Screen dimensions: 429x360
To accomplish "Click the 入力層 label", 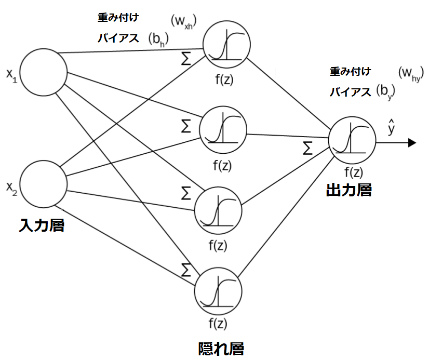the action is [42, 225].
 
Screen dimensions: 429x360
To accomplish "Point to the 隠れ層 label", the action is [221, 349].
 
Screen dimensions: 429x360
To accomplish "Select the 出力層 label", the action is [349, 190].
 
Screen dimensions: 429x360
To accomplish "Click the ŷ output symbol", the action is [391, 127].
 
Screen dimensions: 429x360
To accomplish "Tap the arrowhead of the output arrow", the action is [412, 142].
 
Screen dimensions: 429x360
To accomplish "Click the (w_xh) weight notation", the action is [183, 21].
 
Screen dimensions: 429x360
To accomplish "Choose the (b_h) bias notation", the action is [158, 39].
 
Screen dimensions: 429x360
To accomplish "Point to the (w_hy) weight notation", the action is [411, 73].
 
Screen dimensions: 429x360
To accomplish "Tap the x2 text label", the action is [12, 188].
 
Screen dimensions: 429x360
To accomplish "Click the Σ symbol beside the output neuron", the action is [307, 148].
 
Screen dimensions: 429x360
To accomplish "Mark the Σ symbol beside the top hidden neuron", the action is [186, 58].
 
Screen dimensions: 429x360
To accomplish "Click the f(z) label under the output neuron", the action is [354, 172].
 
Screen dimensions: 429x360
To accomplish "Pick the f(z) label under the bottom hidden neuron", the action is [218, 324].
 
